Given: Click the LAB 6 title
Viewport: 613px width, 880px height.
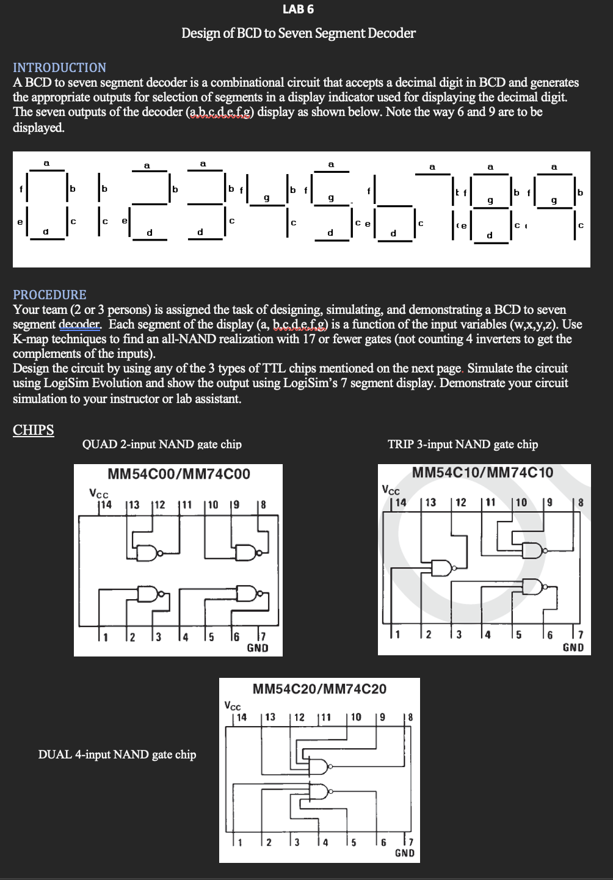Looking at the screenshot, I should click(x=299, y=9).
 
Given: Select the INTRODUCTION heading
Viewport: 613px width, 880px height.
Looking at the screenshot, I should click(x=60, y=68).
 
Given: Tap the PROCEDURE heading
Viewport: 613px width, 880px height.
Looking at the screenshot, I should click(x=50, y=295).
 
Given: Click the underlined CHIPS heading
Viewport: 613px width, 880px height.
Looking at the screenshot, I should click(x=34, y=430).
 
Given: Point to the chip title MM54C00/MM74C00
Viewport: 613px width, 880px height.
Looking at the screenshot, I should click(x=178, y=474).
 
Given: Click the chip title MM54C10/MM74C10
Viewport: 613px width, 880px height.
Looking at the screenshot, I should click(x=482, y=472).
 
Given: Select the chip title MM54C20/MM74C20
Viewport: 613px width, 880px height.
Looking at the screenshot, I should click(x=319, y=689).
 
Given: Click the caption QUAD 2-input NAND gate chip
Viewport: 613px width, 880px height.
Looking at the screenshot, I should click(x=162, y=445).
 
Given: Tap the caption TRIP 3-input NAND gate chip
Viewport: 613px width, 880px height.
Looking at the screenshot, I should click(x=463, y=445).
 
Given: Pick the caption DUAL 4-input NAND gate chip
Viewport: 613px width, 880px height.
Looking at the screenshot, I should click(x=117, y=754).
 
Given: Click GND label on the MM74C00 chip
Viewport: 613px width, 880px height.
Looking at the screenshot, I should click(x=257, y=648).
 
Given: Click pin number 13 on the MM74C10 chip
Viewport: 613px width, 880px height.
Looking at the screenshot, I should click(x=430, y=503).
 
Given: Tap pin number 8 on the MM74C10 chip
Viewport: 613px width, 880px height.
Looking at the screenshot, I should click(x=580, y=503).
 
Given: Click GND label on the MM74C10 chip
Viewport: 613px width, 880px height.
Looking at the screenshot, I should click(x=573, y=647).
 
